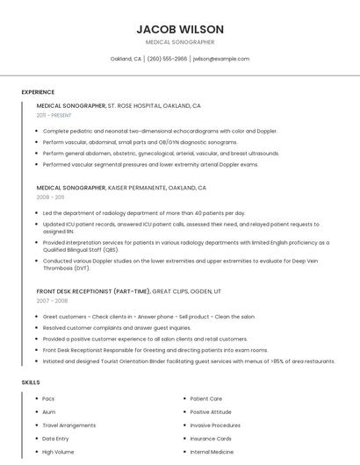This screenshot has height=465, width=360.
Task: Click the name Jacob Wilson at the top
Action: (180, 29)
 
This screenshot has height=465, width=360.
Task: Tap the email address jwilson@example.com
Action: (220, 59)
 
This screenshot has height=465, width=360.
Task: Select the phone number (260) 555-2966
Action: (167, 59)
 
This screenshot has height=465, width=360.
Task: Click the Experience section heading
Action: (38, 92)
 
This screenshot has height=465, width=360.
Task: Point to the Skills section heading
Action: (31, 383)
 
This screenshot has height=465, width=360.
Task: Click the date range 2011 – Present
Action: (54, 115)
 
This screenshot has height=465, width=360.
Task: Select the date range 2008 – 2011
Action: (51, 197)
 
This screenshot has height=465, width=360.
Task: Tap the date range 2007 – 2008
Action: (52, 301)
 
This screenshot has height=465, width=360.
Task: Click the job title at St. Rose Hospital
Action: (119, 105)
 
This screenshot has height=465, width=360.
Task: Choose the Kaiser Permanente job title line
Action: (121, 188)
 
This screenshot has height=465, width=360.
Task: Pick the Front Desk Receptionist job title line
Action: (129, 291)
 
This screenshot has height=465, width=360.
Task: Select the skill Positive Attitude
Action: (211, 411)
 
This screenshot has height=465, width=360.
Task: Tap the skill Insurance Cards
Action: (211, 438)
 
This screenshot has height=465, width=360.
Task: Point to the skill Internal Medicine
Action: (212, 452)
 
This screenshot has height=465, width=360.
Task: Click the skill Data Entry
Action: (55, 438)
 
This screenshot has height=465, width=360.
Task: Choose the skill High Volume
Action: (57, 452)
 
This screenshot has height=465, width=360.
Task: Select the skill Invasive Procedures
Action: (215, 425)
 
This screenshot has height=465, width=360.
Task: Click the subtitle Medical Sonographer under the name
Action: (180, 42)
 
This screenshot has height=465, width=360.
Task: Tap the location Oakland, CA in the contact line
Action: (126, 59)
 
